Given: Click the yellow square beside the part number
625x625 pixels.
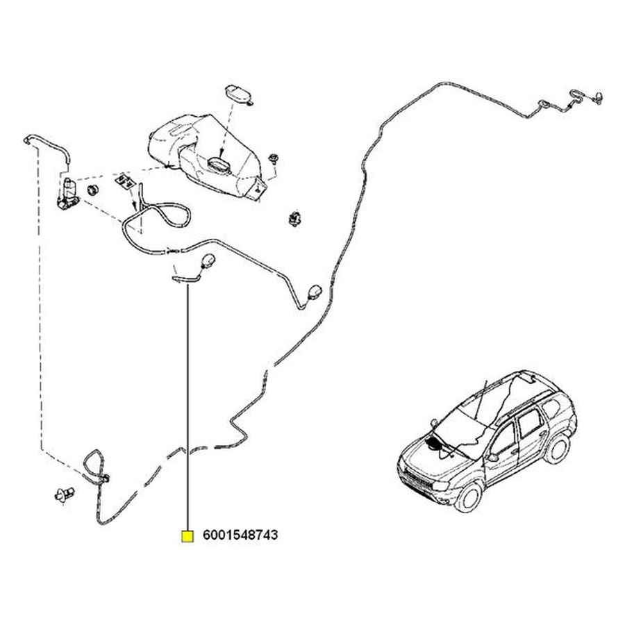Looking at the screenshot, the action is (x=187, y=536).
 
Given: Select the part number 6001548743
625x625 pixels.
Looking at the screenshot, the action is (x=240, y=535).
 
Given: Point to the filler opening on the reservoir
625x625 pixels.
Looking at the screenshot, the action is (x=219, y=165).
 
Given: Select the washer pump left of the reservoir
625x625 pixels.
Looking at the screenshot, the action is (x=68, y=194).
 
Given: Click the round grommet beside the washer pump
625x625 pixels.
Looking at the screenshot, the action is (x=92, y=190).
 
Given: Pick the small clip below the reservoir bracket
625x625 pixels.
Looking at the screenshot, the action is (x=294, y=219).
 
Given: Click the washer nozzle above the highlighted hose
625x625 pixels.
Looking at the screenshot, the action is (x=208, y=260).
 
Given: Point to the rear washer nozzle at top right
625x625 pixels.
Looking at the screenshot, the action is (x=599, y=97).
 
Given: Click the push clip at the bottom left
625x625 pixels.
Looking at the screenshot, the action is (x=64, y=494).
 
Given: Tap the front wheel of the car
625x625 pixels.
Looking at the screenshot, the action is (x=470, y=497).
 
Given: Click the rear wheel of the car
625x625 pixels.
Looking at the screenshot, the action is (x=557, y=449).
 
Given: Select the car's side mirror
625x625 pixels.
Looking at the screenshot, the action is (x=492, y=457).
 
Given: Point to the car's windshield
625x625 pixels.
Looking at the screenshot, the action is (x=460, y=433).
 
